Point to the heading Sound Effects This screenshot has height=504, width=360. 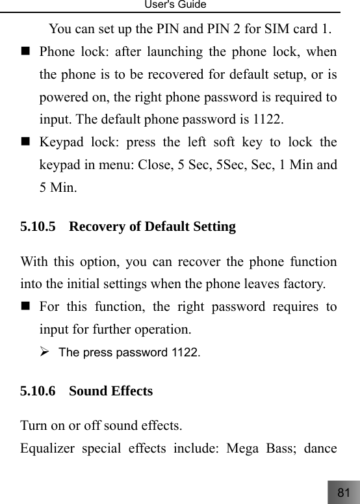point(110,391)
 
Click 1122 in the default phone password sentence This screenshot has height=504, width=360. point(268,120)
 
